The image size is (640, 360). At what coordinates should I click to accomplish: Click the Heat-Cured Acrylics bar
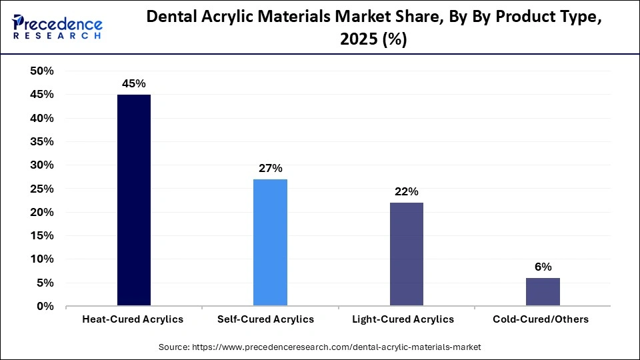click(x=134, y=200)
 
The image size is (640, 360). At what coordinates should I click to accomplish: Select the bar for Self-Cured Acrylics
click(x=270, y=243)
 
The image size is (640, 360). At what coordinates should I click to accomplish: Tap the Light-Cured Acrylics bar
click(x=406, y=254)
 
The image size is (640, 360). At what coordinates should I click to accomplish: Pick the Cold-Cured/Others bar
click(x=543, y=292)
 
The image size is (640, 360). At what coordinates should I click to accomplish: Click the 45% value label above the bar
click(x=133, y=84)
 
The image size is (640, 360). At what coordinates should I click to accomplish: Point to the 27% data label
click(x=270, y=169)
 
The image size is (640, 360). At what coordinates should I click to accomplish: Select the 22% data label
click(x=406, y=192)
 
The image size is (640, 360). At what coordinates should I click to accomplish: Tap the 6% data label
click(x=543, y=267)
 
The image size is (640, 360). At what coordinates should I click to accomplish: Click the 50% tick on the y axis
click(x=42, y=71)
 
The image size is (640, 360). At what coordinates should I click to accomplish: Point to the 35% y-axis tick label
click(x=42, y=142)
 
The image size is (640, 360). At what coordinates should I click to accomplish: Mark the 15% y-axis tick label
click(x=42, y=236)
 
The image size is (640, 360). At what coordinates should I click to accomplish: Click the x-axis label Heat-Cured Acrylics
click(x=133, y=319)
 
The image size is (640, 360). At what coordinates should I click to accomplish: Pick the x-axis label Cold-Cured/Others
click(x=541, y=319)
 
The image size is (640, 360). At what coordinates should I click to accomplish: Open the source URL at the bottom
click(x=319, y=347)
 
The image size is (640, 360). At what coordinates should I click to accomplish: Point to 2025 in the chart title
click(x=359, y=40)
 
